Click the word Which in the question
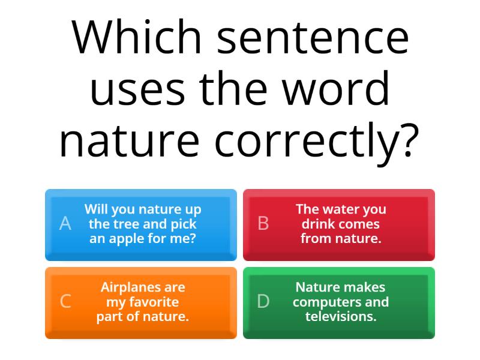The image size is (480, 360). coord(136,37)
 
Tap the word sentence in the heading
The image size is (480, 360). coord(313,39)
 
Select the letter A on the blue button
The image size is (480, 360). coord(65,223)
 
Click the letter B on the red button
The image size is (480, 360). coord(263,223)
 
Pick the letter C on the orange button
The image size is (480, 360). coord(65,301)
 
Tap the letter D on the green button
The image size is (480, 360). coord(263,301)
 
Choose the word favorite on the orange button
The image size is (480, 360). coord(154,302)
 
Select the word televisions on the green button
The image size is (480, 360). coord(341,317)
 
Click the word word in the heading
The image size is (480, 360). coord(335,88)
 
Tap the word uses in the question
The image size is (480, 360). coord(137,91)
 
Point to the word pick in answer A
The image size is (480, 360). coord(184,224)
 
